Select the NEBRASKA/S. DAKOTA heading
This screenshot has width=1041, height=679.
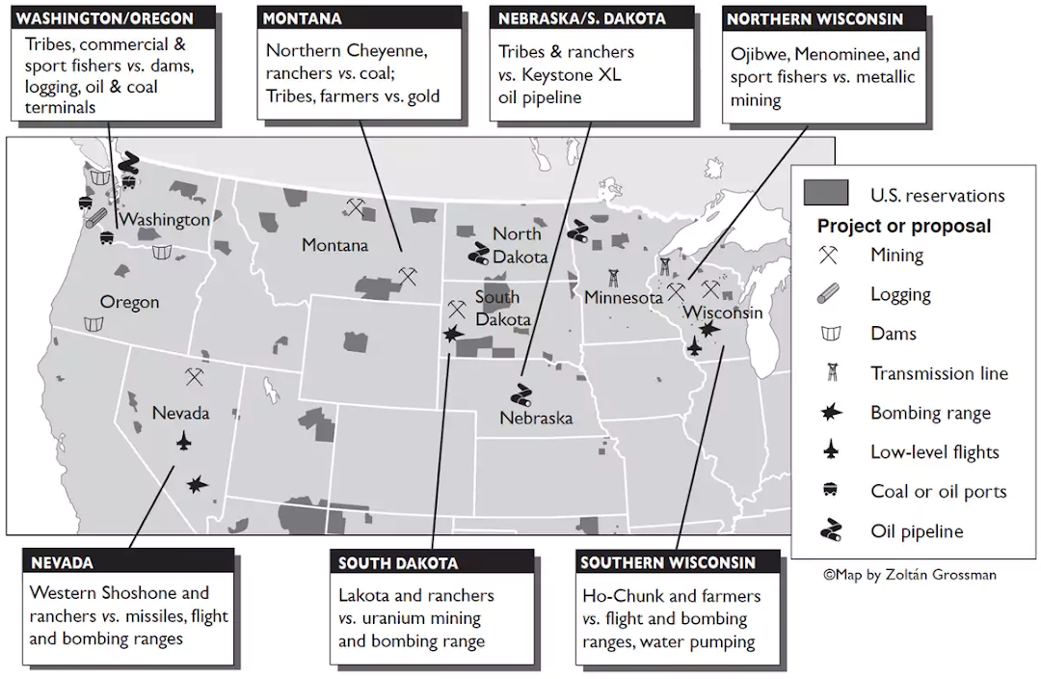click(581, 18)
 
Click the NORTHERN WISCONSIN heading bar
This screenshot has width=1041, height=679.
click(815, 18)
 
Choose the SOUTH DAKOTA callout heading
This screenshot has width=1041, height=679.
click(398, 562)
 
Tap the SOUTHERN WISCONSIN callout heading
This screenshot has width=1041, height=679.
click(668, 562)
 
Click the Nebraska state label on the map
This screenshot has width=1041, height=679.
click(536, 418)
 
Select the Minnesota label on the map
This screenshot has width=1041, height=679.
click(624, 298)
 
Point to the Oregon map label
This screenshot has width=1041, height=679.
click(129, 302)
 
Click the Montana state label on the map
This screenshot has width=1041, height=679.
click(334, 245)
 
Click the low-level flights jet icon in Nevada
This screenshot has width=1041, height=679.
click(184, 441)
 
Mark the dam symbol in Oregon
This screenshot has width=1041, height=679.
click(93, 325)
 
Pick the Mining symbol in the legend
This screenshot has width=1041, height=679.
click(828, 256)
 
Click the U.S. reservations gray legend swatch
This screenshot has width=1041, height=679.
click(827, 194)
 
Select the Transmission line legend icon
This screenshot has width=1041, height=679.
click(828, 373)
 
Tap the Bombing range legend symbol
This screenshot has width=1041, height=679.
click(828, 413)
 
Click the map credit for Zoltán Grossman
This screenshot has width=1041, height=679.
click(909, 574)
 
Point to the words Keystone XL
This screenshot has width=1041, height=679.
click(572, 74)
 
